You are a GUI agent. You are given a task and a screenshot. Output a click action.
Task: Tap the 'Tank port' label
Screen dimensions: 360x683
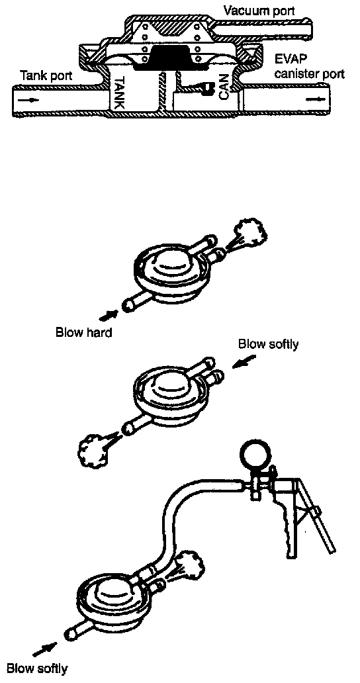(47, 76)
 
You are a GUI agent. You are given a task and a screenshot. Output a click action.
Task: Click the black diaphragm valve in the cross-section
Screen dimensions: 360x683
(170, 58)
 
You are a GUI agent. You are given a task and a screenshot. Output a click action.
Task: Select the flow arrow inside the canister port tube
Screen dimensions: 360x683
(314, 99)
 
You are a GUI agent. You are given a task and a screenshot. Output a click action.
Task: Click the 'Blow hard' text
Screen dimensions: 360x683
(84, 332)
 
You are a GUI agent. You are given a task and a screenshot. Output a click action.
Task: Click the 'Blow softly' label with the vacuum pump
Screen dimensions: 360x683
(38, 668)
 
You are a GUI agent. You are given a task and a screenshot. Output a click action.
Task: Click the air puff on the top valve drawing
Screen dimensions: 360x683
(249, 235)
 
